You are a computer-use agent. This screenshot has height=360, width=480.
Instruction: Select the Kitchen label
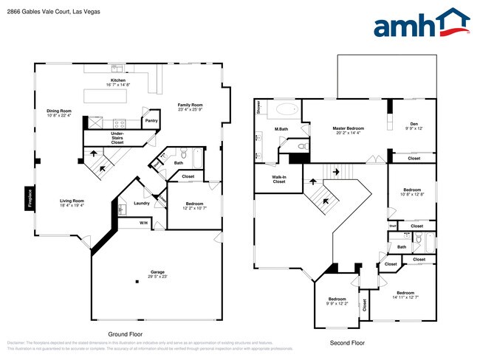118,82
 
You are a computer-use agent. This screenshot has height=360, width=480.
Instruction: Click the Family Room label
190,107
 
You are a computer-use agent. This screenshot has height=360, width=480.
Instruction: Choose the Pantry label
151,121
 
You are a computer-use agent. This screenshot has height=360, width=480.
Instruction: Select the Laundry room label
142,204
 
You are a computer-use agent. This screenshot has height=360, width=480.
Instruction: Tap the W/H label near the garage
143,223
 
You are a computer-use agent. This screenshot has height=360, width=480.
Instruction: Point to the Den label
413,125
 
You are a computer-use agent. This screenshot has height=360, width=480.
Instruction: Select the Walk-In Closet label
278,179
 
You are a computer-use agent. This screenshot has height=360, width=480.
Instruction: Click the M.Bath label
281,130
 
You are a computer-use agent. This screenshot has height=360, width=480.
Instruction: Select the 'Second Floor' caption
348,343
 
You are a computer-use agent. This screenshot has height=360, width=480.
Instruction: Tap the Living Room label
72,203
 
